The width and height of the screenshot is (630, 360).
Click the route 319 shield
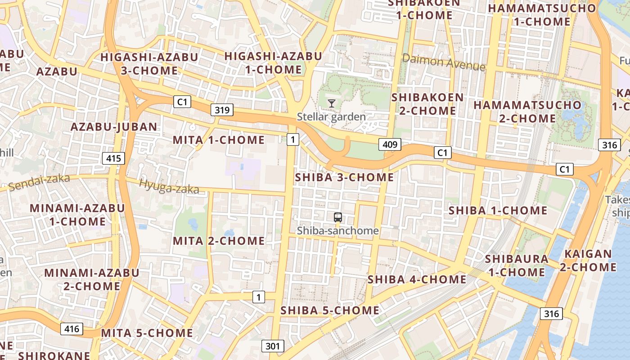coord(222,110)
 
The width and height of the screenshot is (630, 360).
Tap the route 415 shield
coord(113,158)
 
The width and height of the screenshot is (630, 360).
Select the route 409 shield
coord(390,144)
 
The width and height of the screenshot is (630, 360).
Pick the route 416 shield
coord(72,329)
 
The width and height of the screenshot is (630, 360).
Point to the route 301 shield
coord(273,346)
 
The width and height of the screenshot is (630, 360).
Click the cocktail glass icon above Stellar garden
coord(332,103)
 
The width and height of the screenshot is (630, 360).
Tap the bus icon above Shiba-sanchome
coord(338,218)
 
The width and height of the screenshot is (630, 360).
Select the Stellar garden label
coord(331,117)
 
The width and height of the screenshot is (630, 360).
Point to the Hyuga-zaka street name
coord(169,186)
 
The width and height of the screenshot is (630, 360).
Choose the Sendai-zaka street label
coord(39,182)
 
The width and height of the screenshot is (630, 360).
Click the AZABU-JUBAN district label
coord(114,127)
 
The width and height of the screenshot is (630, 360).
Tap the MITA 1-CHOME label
coord(219,140)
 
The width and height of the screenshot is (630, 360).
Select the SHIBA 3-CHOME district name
coord(344,177)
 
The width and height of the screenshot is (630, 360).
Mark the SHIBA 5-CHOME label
coord(330,310)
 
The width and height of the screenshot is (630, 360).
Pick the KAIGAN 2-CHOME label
coord(588,261)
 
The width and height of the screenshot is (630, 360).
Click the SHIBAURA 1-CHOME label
coord(517,265)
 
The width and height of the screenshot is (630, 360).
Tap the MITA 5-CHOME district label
coord(147,333)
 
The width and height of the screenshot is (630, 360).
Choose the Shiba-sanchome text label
coord(338,231)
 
